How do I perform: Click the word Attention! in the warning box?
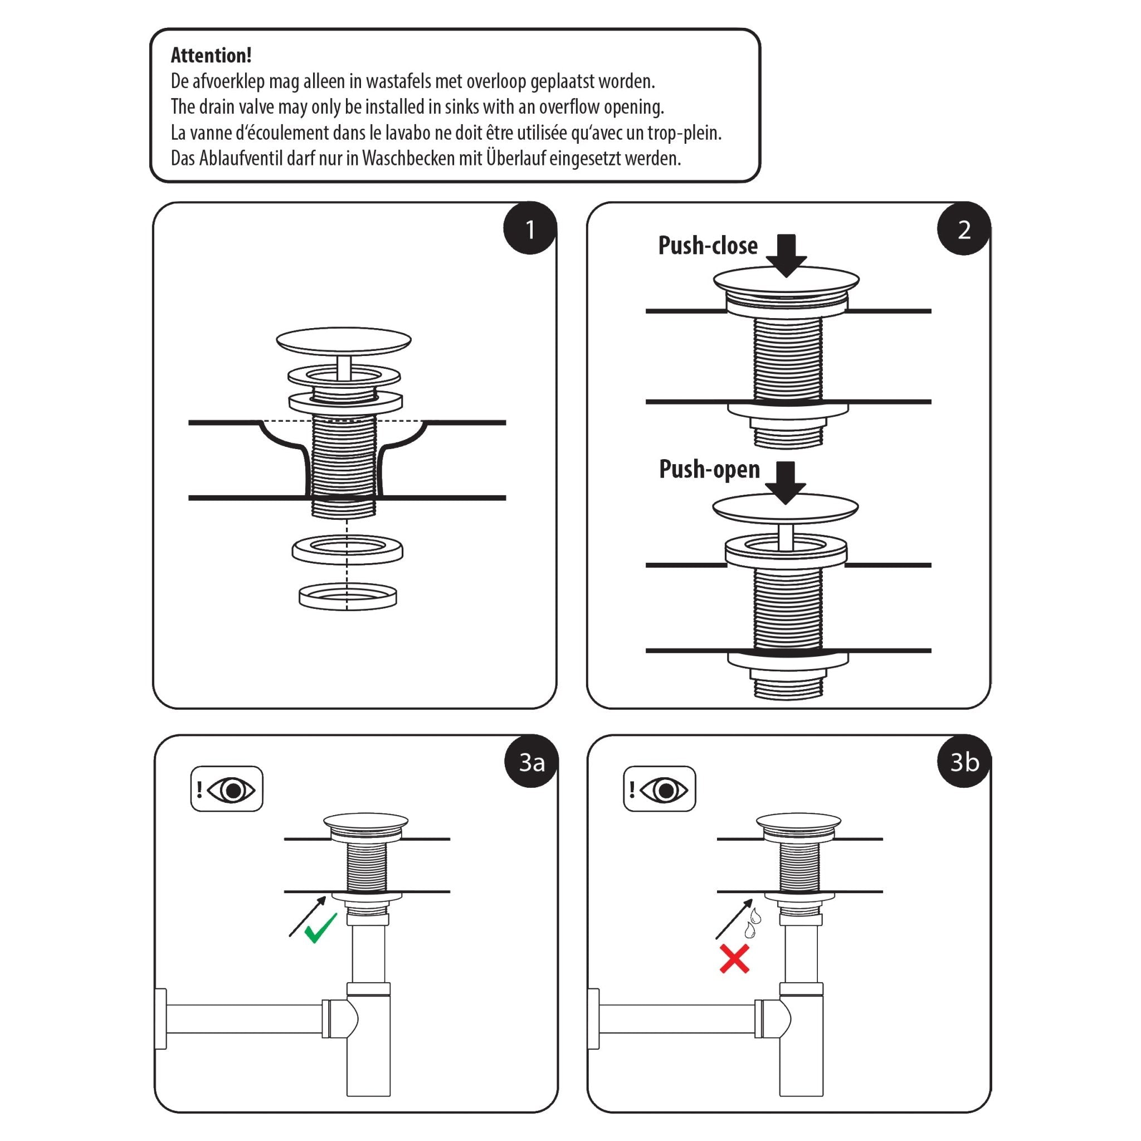[211, 56]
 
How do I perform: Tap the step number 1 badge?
[529, 229]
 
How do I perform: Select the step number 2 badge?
[963, 229]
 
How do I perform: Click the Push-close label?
[708, 246]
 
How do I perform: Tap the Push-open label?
[709, 470]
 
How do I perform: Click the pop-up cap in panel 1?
[343, 340]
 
